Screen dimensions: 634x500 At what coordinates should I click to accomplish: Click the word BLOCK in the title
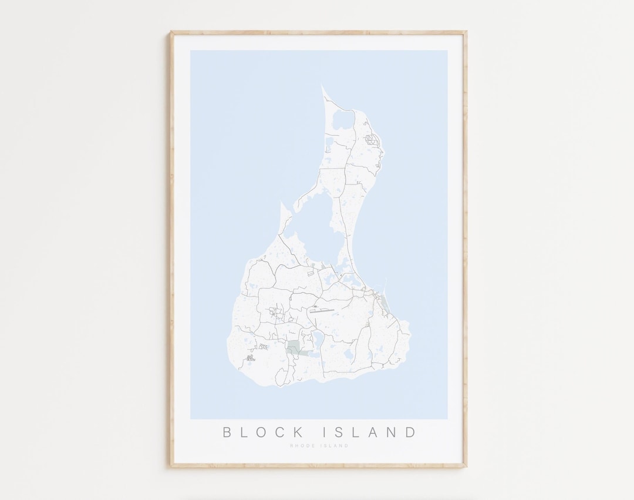tap(264, 432)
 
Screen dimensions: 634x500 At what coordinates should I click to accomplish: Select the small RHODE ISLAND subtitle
tap(319, 446)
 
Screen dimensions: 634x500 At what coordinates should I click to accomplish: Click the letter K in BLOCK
tap(299, 432)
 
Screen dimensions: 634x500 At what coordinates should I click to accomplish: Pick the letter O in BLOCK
tap(263, 432)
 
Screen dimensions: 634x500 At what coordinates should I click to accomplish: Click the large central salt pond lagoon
tap(320, 223)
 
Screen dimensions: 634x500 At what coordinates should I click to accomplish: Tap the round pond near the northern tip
tap(342, 120)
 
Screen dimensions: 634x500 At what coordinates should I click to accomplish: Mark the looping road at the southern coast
tap(283, 376)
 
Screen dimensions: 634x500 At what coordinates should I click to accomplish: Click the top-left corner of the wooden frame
tap(171, 32)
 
